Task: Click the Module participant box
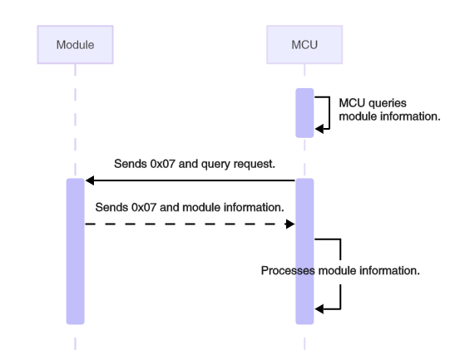[x=75, y=44]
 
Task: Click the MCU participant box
[x=304, y=44]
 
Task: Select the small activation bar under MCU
[x=304, y=111]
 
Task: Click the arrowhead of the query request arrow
[x=90, y=180]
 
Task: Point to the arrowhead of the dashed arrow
[x=290, y=224]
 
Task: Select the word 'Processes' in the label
[x=284, y=271]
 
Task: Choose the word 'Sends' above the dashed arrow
[x=111, y=205]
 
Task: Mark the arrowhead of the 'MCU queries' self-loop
[x=319, y=127]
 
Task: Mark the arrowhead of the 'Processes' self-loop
[x=319, y=308]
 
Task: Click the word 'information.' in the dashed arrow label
[x=255, y=205]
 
